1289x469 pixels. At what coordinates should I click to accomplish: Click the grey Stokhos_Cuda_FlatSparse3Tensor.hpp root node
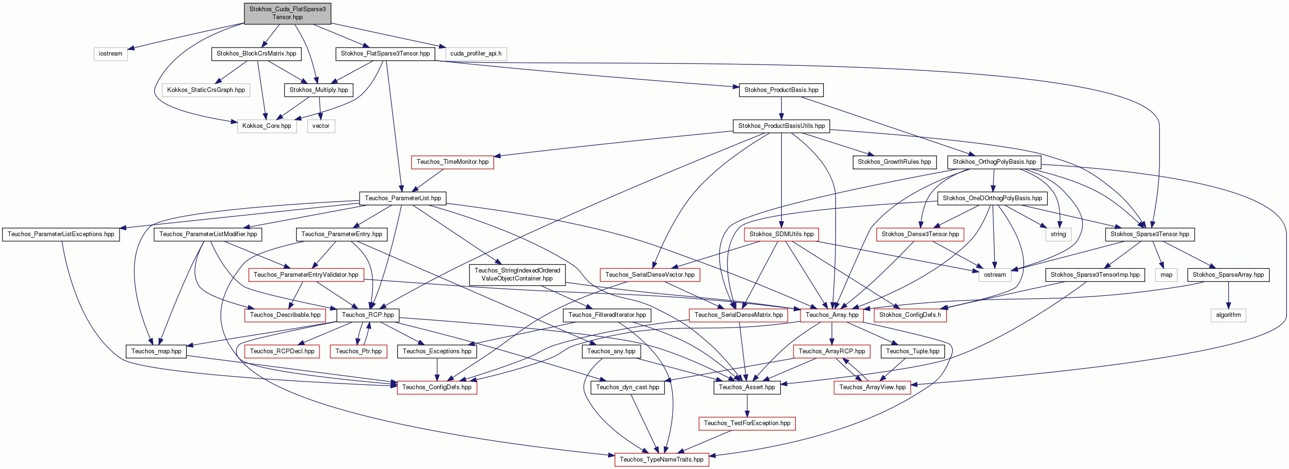point(287,13)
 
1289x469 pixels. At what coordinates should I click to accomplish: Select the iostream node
point(111,54)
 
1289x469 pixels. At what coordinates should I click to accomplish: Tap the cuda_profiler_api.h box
point(475,54)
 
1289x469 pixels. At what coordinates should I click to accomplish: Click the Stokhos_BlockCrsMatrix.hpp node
point(256,54)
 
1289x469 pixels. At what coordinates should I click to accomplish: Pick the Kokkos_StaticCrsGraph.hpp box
point(205,90)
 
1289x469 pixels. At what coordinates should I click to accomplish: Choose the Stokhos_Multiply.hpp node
point(319,90)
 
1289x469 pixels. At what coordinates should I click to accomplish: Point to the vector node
point(321,126)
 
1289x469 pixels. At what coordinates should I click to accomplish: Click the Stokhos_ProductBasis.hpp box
point(781,90)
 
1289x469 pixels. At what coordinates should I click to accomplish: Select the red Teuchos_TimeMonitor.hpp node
point(453,162)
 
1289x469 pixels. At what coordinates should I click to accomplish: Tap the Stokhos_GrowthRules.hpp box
point(894,162)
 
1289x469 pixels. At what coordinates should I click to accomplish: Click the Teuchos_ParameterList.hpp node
point(403,198)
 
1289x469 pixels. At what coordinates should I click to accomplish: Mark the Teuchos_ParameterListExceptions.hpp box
point(61,234)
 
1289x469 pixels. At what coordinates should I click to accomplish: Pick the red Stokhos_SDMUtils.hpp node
point(781,234)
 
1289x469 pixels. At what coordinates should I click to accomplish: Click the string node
point(1058,234)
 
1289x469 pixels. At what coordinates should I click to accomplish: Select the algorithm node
point(1228,315)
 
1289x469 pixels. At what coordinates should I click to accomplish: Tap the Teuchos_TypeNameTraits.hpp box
point(661,460)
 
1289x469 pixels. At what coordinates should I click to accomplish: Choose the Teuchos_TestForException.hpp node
point(747,424)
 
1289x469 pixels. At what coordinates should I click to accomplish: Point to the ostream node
point(994,274)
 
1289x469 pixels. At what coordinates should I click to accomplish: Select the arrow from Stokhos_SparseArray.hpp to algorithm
point(1228,295)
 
